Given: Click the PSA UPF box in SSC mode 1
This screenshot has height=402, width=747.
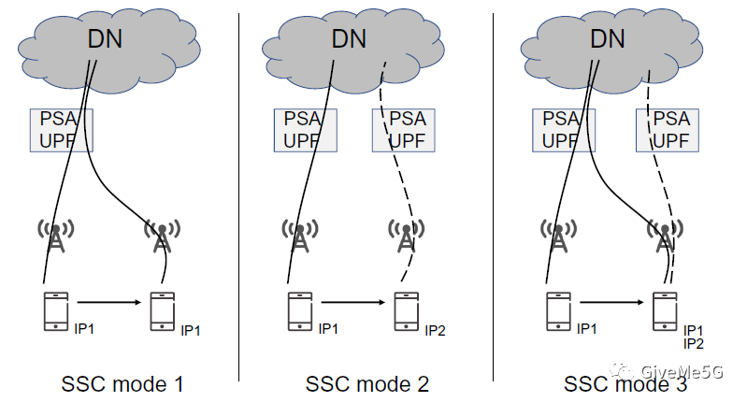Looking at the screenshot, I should tap(62, 130).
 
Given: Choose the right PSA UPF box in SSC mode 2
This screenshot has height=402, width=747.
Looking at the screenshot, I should tap(406, 130).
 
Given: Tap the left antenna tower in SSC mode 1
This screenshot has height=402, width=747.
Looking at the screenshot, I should tap(56, 237).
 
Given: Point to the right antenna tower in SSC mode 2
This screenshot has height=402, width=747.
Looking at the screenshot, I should tap(405, 237).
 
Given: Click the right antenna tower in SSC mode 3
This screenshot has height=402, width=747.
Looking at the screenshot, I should tap(665, 237).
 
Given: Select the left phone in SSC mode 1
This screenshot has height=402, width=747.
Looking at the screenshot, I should tap(56, 311).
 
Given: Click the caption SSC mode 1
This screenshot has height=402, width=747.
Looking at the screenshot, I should tap(122, 383).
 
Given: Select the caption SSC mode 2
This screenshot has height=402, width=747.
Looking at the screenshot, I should tap(367, 383).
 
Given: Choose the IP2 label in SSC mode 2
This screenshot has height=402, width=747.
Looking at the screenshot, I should tap(436, 330).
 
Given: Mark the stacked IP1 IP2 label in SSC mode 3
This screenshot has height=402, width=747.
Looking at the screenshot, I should tap(693, 337).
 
